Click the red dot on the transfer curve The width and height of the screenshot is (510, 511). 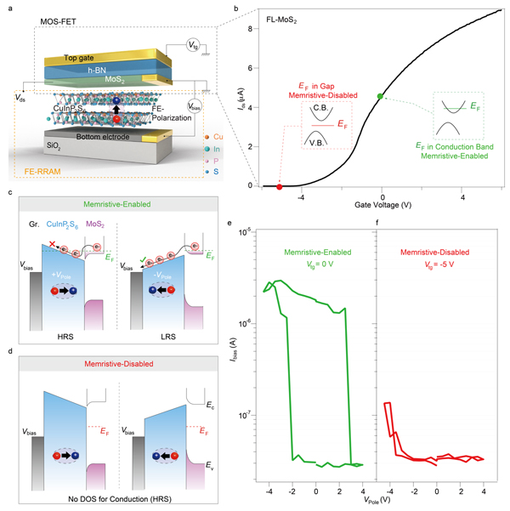(280, 186)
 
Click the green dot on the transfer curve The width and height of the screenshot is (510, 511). (381, 96)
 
